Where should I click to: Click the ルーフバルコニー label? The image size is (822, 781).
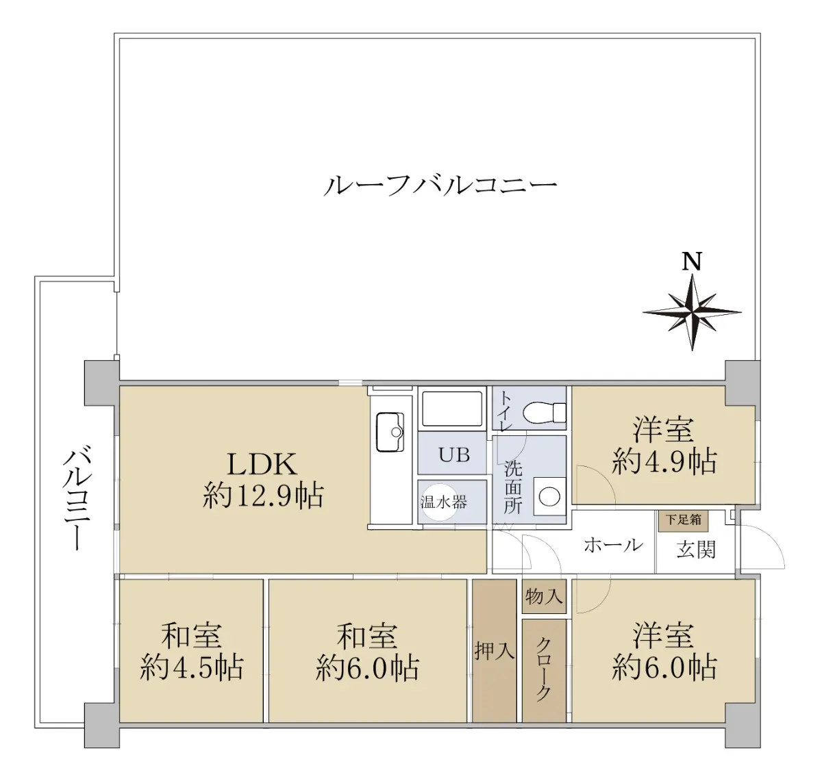(440, 185)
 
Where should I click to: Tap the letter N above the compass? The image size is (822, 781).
(692, 261)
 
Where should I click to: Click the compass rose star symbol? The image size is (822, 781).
(692, 311)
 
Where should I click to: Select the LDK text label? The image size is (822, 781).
(262, 465)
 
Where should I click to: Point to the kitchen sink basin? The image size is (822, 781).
(390, 432)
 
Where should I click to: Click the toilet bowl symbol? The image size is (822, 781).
(544, 412)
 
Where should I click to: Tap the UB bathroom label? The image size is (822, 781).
(453, 454)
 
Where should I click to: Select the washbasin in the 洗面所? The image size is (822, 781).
(549, 497)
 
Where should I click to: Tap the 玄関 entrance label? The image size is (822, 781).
(696, 549)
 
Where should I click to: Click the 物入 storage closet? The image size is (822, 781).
(544, 596)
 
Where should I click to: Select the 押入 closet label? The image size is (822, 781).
(494, 651)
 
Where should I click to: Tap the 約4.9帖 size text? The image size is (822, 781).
(664, 462)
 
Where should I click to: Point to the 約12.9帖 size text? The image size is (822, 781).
(263, 496)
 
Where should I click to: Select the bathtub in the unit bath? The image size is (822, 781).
(452, 408)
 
